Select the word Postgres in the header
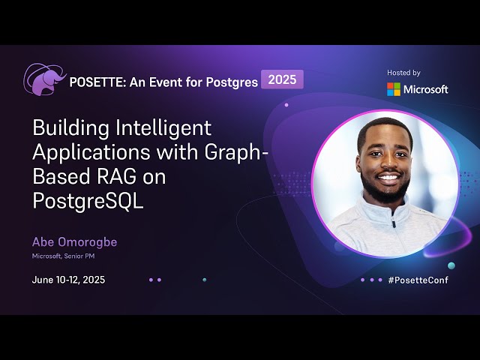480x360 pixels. (230, 82)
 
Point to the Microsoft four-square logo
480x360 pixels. (394, 89)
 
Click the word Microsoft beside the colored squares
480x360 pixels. (426, 89)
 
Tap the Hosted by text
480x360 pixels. (403, 73)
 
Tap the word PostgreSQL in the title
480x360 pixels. (88, 201)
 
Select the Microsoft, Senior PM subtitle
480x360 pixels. (63, 256)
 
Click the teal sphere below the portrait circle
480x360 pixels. (451, 265)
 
